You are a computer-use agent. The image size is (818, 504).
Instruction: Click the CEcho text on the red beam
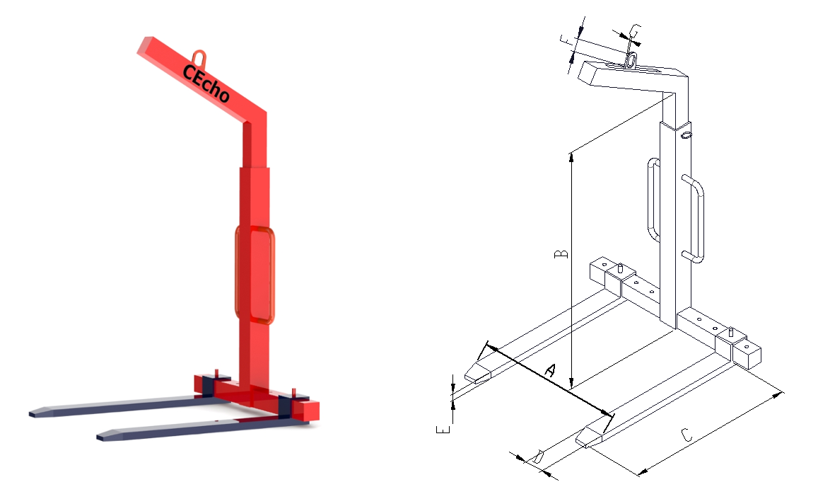point(206,84)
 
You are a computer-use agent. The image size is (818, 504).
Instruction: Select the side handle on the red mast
point(255,274)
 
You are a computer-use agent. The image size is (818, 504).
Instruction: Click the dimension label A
point(549,370)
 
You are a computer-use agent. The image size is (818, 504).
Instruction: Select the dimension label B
point(561,254)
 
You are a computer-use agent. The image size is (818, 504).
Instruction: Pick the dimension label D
point(537,457)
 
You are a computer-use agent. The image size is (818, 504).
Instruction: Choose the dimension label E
point(443,430)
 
